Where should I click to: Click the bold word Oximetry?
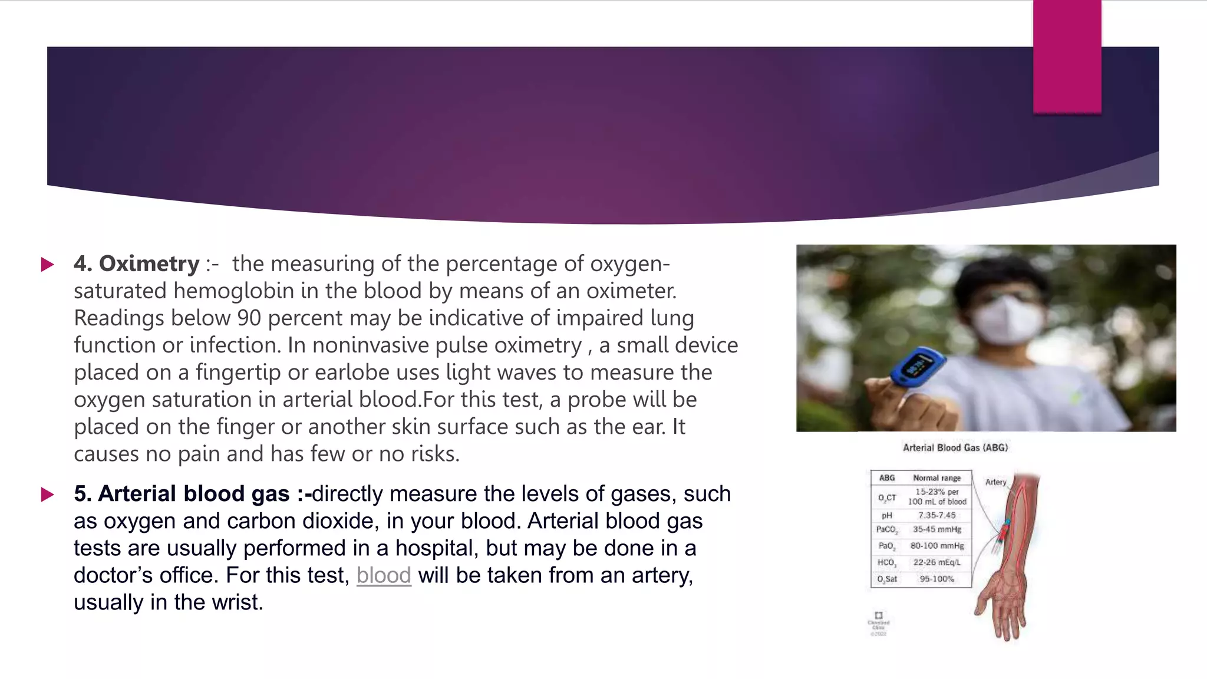tap(149, 263)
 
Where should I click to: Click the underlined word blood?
tap(384, 575)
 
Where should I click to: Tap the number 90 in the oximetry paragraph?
tap(249, 318)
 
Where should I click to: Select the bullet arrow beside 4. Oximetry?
tap(47, 264)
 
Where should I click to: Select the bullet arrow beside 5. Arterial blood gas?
tap(47, 494)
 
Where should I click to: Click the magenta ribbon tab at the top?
tap(1067, 57)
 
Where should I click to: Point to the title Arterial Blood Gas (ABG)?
tap(955, 448)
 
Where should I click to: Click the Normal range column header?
tap(936, 478)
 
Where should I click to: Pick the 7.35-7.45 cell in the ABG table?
tap(936, 515)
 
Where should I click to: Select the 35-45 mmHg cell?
tap(936, 529)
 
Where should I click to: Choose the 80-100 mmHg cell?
tap(936, 546)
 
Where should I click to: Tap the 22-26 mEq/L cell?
tap(936, 562)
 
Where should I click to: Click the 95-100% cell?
tap(936, 579)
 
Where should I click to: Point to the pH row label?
tap(886, 515)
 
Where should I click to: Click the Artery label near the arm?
tap(995, 482)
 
